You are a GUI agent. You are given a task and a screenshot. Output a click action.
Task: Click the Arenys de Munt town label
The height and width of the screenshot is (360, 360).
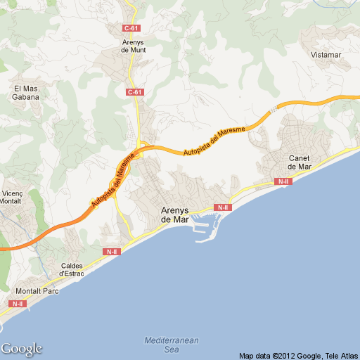(133, 46)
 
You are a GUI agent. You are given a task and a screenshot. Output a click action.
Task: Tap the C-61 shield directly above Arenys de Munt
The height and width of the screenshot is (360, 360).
(131, 28)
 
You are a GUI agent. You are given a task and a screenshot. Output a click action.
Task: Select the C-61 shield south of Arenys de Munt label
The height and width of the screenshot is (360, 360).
(135, 92)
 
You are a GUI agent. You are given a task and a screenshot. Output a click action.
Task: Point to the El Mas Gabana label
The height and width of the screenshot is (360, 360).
(26, 93)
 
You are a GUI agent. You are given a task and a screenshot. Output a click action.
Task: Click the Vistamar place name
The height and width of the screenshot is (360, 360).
(325, 54)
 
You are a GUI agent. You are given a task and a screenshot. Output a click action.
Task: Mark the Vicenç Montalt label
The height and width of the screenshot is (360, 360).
(13, 197)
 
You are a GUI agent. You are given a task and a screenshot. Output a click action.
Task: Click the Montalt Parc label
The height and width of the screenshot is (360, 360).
(37, 290)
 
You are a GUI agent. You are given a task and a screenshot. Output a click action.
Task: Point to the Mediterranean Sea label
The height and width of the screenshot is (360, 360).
(172, 345)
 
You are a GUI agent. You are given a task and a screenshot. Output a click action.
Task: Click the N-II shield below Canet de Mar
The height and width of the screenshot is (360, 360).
(283, 182)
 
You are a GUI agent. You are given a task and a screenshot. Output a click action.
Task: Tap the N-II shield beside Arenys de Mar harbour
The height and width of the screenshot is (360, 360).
(223, 207)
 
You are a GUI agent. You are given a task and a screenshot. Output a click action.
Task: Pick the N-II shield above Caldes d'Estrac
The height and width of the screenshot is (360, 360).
(111, 252)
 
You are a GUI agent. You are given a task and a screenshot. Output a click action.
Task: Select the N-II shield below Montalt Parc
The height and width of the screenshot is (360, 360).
(17, 304)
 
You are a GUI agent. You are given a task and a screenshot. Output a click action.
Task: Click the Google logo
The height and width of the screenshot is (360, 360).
(21, 349)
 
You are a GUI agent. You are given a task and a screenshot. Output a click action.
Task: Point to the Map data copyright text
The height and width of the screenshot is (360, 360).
(298, 355)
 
